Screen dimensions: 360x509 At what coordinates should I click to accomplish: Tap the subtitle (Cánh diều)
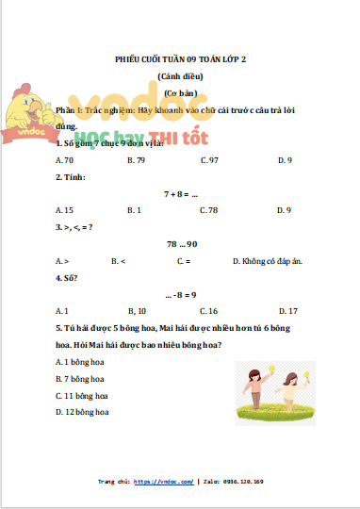180,76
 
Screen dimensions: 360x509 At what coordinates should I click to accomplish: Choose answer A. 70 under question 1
65,160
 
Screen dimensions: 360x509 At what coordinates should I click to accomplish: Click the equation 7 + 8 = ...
180,193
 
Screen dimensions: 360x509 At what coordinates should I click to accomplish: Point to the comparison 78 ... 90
180,243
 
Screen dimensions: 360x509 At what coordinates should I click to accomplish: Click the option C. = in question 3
184,260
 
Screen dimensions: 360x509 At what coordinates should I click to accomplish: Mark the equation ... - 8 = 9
180,294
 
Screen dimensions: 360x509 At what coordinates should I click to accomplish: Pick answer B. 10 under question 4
136,310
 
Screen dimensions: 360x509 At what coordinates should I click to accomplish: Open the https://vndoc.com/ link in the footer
163,482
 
